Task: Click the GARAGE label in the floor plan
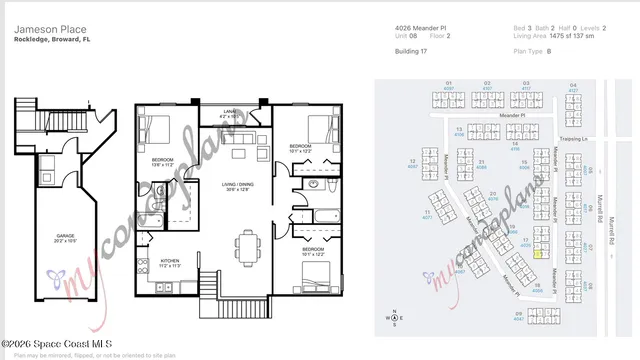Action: point(65,237)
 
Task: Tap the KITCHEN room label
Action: point(169,262)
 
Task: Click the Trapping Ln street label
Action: point(571,139)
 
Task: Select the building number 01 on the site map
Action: point(449,83)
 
